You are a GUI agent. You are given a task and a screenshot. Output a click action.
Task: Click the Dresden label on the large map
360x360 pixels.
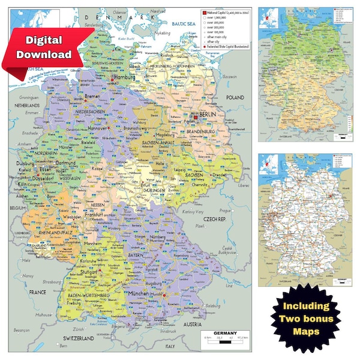coord(218,175)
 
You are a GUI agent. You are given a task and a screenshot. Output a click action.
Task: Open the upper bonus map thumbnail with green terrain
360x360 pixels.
coord(305,74)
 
